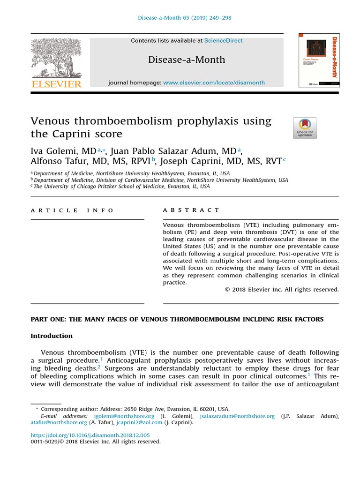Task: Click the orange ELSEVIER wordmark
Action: [x=56, y=84]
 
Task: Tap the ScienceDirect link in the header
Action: [x=223, y=41]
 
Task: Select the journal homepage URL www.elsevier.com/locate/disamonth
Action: [x=214, y=82]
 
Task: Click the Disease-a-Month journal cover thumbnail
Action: [x=319, y=60]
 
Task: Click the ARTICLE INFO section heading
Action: [x=72, y=210]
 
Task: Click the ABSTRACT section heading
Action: [x=191, y=210]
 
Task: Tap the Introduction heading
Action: [x=52, y=336]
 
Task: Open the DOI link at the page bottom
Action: [x=90, y=435]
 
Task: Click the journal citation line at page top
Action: [x=184, y=18]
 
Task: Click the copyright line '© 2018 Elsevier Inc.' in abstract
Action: [x=281, y=290]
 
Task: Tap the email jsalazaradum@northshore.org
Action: [x=237, y=416]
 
